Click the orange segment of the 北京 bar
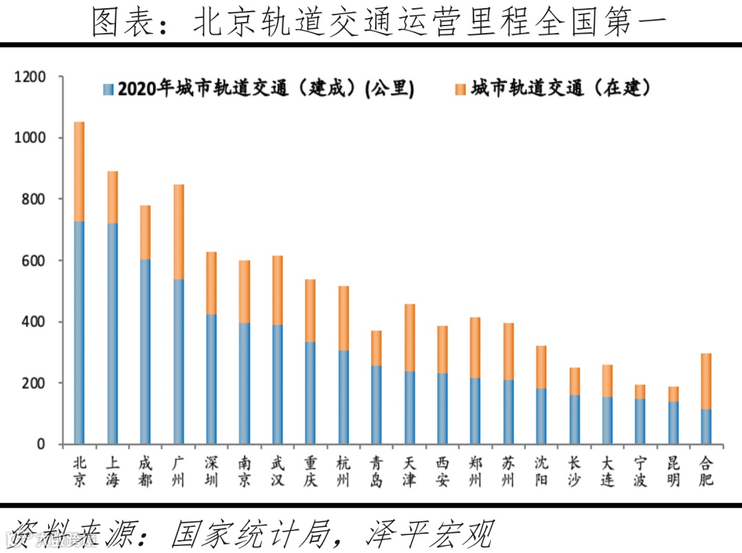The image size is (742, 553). pyautogui.click(x=79, y=172)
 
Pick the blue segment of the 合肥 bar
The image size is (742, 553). pyautogui.click(x=706, y=426)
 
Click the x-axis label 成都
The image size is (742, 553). pyautogui.click(x=145, y=472)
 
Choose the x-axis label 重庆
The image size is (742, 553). pyautogui.click(x=310, y=472)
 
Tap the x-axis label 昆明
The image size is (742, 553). pyautogui.click(x=673, y=472)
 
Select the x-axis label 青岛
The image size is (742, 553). pyautogui.click(x=376, y=472)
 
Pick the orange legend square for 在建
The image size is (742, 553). pyautogui.click(x=460, y=89)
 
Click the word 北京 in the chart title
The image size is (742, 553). pyautogui.click(x=218, y=23)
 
